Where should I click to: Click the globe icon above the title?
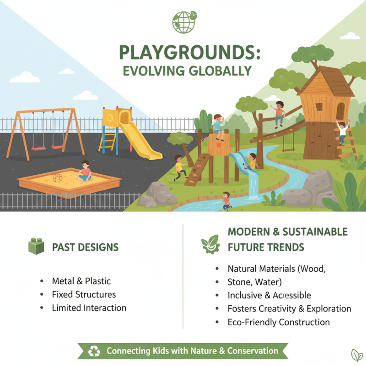(x=183, y=22)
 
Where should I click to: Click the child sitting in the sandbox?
(x=85, y=172)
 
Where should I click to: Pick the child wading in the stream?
(x=226, y=200)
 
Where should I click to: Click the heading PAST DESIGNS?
(x=85, y=248)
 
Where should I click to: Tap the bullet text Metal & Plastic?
(x=81, y=281)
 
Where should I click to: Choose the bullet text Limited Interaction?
(x=89, y=308)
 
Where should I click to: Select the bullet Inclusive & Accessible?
(x=269, y=295)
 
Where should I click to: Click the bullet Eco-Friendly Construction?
(x=278, y=322)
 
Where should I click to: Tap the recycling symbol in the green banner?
(x=94, y=351)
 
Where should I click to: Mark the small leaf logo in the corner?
(x=355, y=355)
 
